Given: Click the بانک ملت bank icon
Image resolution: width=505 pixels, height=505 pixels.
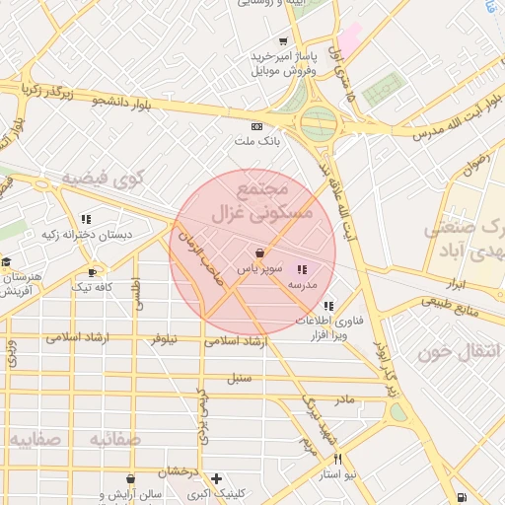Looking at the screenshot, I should tap(257, 126).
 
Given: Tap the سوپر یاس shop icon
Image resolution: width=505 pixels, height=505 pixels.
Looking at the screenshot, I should tap(258, 252).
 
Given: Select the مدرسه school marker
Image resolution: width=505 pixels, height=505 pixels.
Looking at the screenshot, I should tap(302, 268).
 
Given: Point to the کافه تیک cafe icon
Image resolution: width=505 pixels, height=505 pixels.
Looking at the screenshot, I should tap(92, 272).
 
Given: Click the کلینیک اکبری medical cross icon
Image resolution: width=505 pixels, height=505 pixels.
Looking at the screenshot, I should tap(216, 478).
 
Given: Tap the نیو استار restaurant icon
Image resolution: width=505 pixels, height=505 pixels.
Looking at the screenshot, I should tap(338, 459).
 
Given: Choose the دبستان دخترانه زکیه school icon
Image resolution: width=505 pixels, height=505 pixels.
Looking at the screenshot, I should tap(86, 219).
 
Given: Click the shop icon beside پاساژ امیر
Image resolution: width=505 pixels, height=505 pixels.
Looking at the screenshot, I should tap(284, 41).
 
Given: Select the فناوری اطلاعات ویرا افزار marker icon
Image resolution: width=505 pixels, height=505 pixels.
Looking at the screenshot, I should tap(327, 305).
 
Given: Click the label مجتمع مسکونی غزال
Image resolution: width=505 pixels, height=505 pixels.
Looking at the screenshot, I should tap(262, 200).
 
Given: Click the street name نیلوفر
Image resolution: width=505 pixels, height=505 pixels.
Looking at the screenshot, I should tap(164, 339).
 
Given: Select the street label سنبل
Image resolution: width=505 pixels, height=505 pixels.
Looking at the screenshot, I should tap(240, 377).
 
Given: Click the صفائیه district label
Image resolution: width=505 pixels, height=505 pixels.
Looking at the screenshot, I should tap(36, 438).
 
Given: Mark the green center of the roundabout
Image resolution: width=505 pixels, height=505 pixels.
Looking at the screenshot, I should tap(318, 124).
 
